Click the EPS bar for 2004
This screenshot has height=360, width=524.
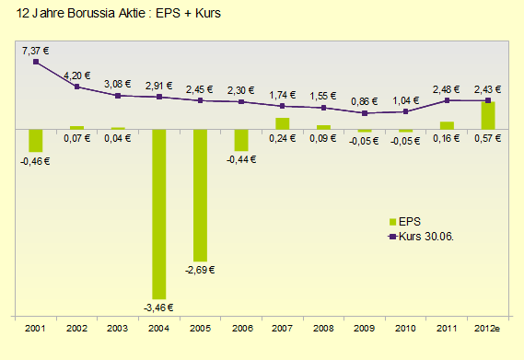tap(158, 214)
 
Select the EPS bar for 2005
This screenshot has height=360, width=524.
tap(200, 195)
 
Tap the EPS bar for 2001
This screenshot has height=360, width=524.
tap(36, 140)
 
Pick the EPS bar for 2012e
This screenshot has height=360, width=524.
tap(488, 116)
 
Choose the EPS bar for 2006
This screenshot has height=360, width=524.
tap(240, 140)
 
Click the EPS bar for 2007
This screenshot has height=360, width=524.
tap(282, 124)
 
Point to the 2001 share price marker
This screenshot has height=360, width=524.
tap(36, 62)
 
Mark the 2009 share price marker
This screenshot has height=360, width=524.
tap(365, 113)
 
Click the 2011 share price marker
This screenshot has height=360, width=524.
tap(447, 100)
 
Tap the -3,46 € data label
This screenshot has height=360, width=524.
tap(158, 308)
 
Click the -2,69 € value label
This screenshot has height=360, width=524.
tap(200, 271)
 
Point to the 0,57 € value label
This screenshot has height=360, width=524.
tap(488, 138)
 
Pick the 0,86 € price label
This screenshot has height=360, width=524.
tap(365, 99)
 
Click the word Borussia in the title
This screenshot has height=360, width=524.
tap(95, 15)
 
